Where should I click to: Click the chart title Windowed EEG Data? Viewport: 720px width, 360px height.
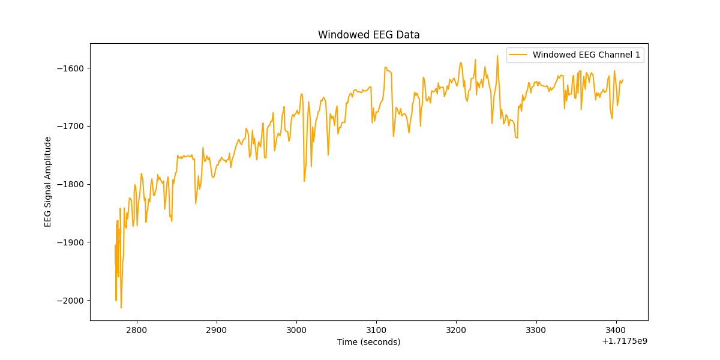coord(368,35)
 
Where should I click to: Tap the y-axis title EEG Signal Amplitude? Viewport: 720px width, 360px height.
coord(48,182)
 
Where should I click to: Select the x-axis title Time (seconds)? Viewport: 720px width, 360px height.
coord(368,342)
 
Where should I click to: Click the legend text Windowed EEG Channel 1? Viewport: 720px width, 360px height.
coord(586,55)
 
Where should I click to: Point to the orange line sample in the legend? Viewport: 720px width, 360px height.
coord(518,55)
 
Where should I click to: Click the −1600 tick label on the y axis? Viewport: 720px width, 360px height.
coord(70,68)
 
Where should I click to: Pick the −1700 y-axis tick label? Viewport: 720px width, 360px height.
coord(70,126)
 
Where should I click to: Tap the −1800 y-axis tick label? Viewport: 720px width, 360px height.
coord(70,184)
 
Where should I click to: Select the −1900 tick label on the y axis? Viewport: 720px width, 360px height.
coord(70,242)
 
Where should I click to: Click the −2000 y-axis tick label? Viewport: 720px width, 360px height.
coord(70,301)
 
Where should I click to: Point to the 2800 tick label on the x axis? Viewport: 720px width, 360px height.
coord(136,330)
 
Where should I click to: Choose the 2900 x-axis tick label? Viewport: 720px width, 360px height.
coord(216,330)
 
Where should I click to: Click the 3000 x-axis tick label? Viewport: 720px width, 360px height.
coord(296,330)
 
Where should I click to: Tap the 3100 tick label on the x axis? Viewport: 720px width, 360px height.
coord(376,330)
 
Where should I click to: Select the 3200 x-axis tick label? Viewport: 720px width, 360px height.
coord(456,330)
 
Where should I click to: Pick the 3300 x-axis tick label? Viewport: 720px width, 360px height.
coord(536,330)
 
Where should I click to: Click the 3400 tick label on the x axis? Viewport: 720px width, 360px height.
coord(616,330)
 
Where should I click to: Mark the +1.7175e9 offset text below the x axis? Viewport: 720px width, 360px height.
coord(624,341)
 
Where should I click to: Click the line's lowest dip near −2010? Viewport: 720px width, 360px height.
coord(121,307)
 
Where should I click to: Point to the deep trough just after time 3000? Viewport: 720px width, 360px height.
coord(304,181)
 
